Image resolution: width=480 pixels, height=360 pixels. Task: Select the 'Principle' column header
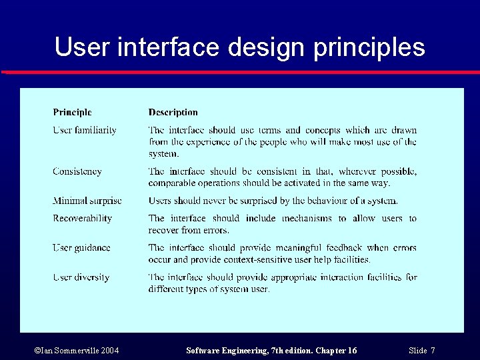point(72,113)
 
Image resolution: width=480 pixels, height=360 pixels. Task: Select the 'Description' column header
point(173,113)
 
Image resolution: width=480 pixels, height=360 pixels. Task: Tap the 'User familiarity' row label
point(85,130)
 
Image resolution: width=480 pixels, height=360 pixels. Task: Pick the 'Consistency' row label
point(77,171)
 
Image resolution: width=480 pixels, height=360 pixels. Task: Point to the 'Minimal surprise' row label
point(87,201)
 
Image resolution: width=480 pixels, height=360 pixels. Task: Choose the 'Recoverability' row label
point(83,218)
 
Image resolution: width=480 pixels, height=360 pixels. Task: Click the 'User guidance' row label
point(81,247)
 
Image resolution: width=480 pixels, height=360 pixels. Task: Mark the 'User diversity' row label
point(81,277)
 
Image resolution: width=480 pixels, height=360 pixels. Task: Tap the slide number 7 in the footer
point(433,351)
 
